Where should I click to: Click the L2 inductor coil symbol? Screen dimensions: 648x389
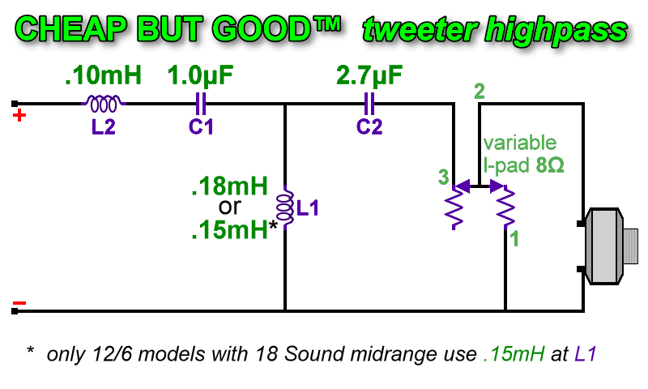click(104, 104)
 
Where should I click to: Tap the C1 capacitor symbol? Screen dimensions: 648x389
click(201, 104)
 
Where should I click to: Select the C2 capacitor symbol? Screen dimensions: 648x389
click(369, 104)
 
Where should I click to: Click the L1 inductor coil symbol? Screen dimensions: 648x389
click(285, 207)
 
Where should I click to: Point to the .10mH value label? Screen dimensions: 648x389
click(104, 75)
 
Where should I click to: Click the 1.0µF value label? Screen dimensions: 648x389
click(200, 76)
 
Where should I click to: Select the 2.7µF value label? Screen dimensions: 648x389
click(369, 76)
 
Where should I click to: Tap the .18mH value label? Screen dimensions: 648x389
click(230, 186)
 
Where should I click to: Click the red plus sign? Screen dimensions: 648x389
click(19, 115)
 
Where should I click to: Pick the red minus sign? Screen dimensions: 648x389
click(19, 303)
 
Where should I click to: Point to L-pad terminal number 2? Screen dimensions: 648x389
click(480, 92)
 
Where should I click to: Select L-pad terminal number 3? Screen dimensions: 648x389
click(443, 177)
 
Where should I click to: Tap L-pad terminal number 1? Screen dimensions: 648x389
click(514, 239)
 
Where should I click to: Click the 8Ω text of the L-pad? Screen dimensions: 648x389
click(550, 165)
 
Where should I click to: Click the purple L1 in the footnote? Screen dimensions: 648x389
click(585, 354)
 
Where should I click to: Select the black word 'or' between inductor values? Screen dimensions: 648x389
click(230, 207)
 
